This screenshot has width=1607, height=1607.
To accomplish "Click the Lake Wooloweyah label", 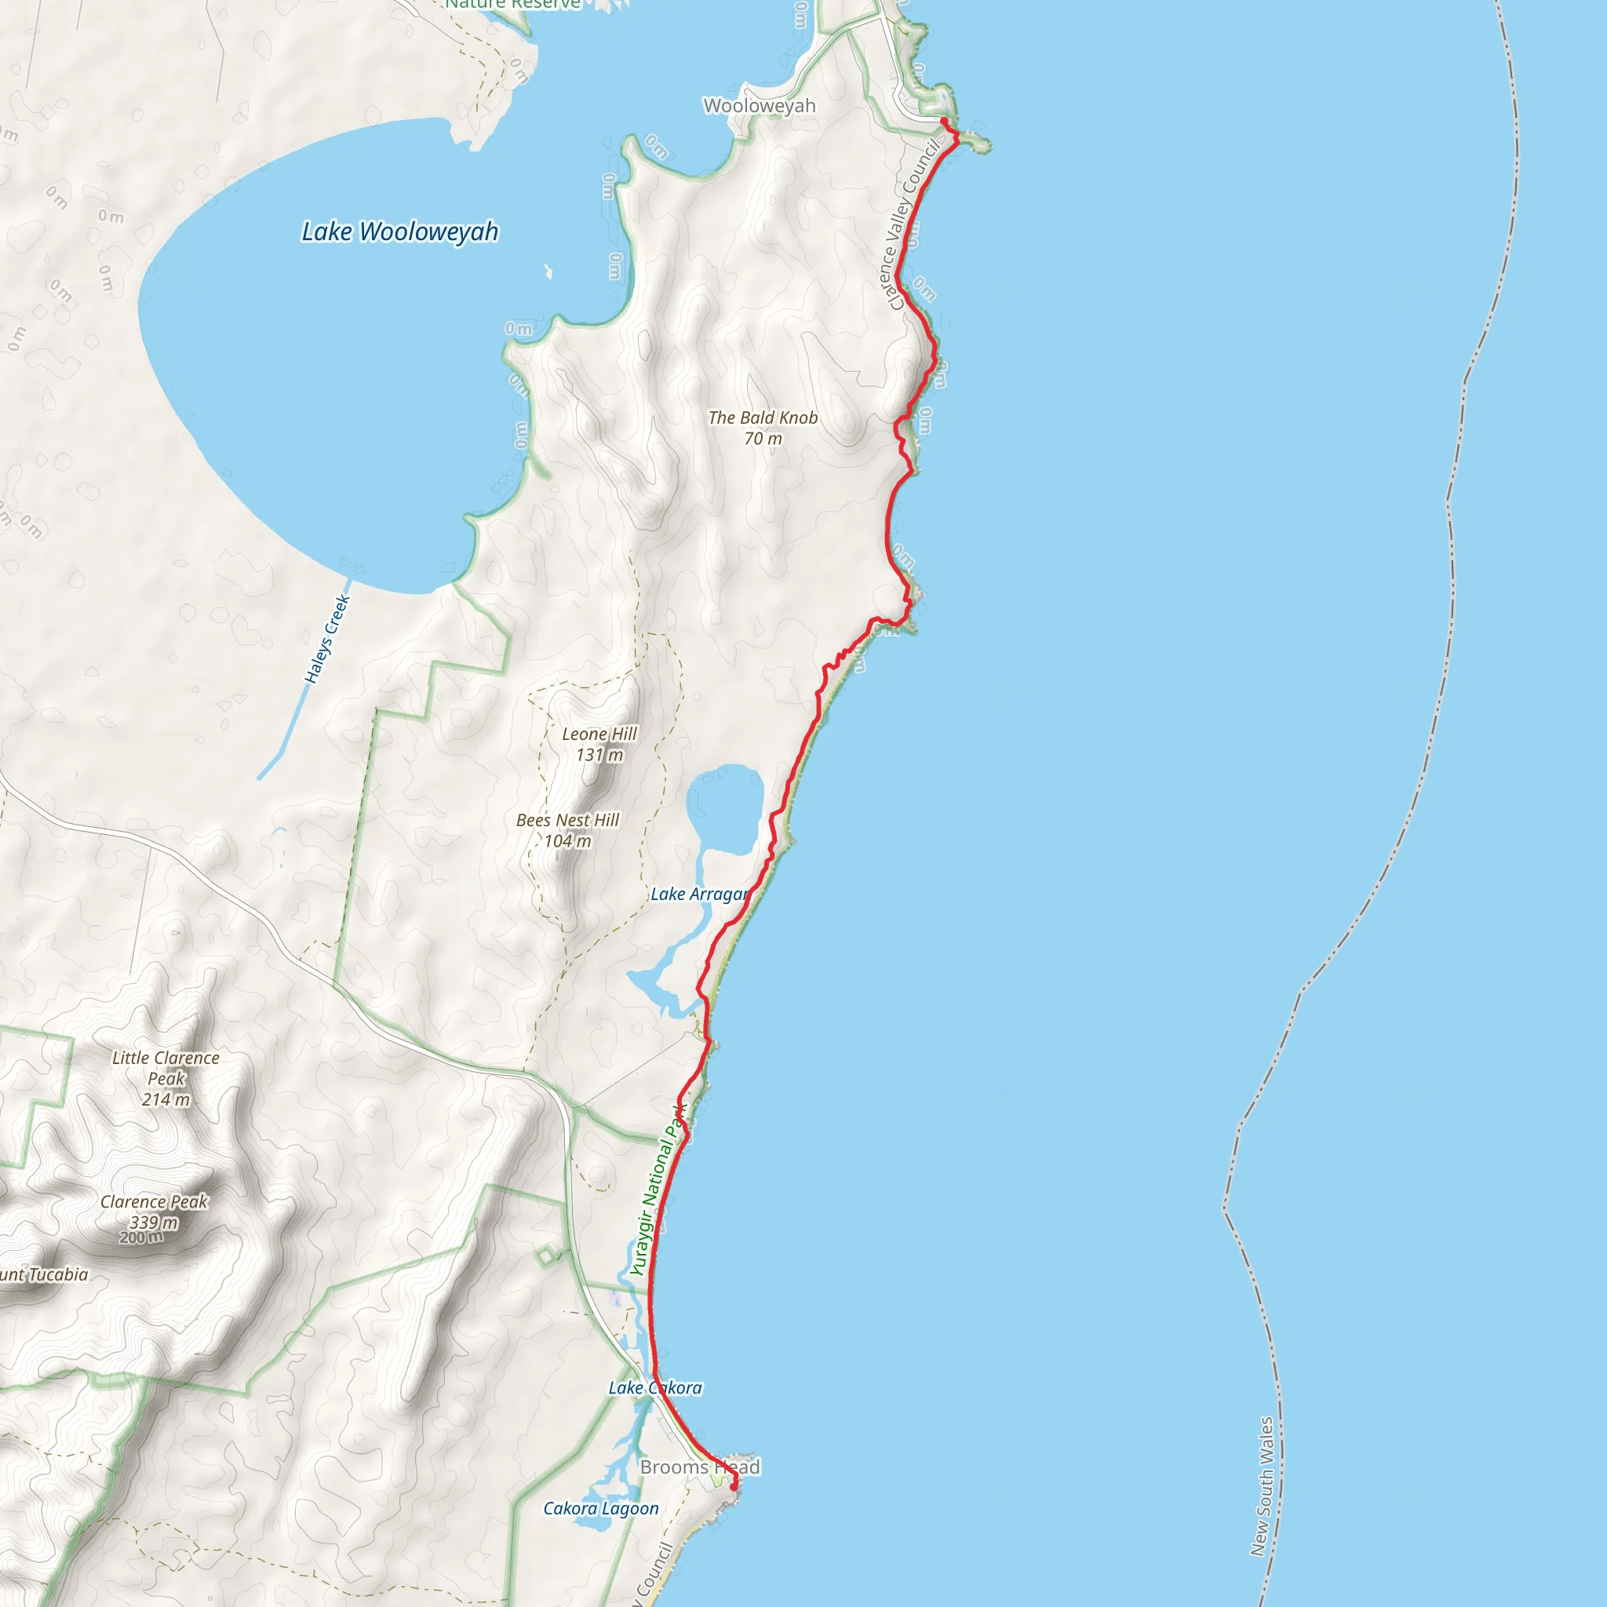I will click(399, 231).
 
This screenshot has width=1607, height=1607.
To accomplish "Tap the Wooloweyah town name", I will click(760, 106).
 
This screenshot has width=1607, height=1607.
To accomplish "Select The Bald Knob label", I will click(763, 417).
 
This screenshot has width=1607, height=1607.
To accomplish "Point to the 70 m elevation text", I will click(763, 439).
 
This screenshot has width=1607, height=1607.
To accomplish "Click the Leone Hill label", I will click(599, 734).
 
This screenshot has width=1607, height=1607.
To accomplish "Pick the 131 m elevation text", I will click(599, 754).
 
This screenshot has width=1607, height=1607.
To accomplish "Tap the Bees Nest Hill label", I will click(567, 820).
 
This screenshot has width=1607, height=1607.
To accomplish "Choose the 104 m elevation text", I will click(567, 841).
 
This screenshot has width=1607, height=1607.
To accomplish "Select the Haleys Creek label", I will click(327, 639).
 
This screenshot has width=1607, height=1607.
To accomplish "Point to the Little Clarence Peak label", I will click(166, 1068).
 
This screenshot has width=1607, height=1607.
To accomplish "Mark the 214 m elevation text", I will click(166, 1099).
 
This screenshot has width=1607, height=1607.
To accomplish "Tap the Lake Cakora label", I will click(655, 1387).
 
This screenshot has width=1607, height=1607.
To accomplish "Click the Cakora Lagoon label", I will click(600, 1508).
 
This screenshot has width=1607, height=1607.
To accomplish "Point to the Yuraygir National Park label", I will click(657, 1190).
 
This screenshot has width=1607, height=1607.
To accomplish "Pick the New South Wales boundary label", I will click(1262, 1486).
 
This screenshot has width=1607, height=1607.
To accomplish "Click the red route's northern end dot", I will click(944, 122).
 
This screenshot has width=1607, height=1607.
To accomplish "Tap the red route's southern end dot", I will click(734, 1485).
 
